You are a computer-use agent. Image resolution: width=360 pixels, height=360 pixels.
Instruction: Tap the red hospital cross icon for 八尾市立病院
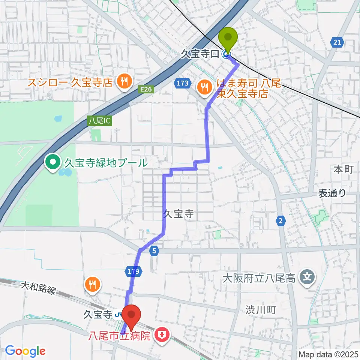[162, 334]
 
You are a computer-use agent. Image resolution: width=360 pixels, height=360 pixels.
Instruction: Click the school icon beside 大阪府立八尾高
[307, 278]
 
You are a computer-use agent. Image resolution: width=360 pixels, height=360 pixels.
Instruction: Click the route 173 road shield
[182, 83]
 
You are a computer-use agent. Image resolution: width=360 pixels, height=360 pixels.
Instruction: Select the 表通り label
[332, 193]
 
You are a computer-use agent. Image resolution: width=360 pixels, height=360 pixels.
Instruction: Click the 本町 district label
[343, 169]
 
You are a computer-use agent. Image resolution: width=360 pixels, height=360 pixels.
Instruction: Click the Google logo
[25, 350]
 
